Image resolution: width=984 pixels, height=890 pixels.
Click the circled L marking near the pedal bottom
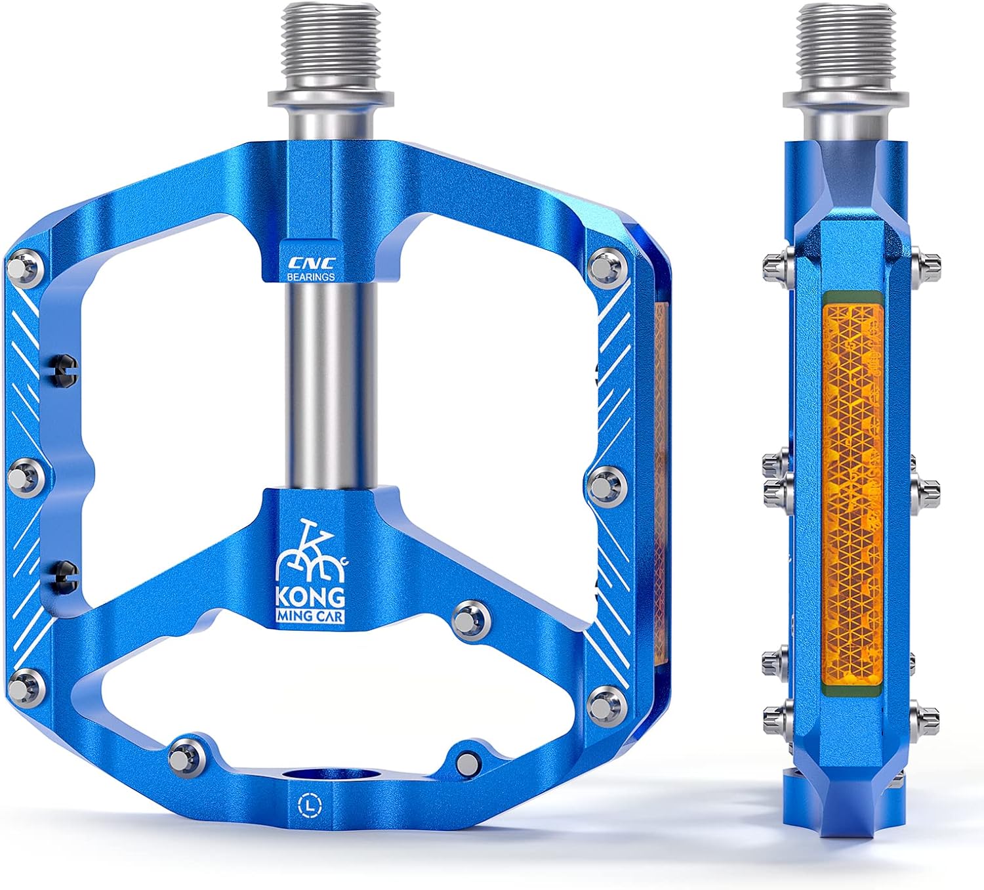(x=307, y=805)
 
